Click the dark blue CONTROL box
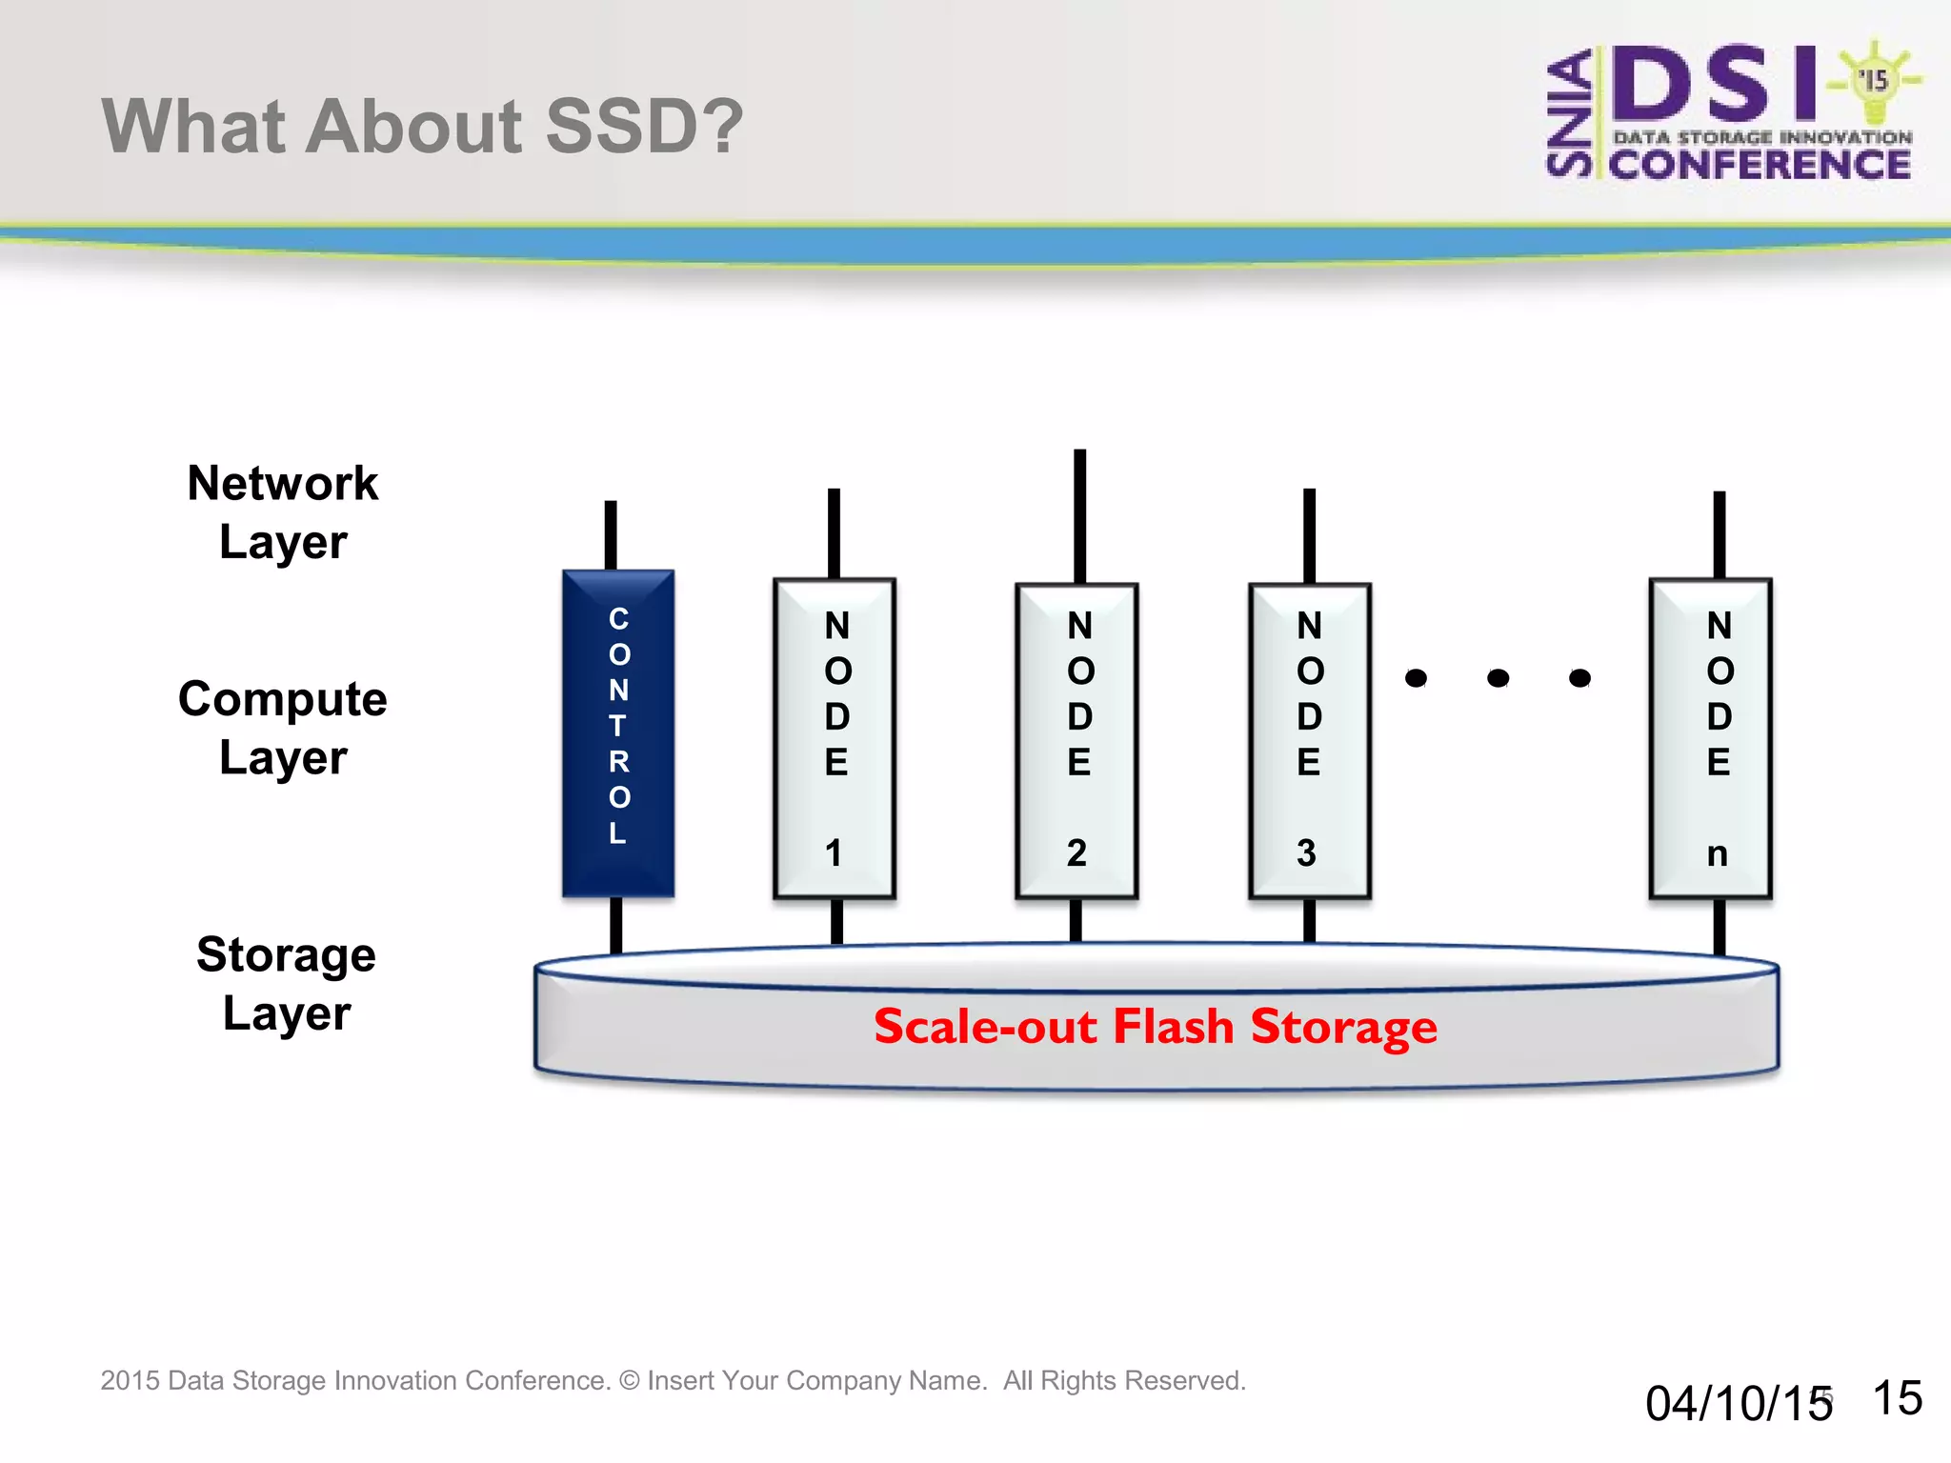click(618, 733)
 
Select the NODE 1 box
click(835, 738)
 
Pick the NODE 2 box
click(1077, 740)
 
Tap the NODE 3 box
click(1310, 740)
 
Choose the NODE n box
click(1711, 738)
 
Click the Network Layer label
click(283, 512)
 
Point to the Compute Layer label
click(283, 728)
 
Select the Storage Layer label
click(286, 983)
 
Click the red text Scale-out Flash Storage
click(1155, 1027)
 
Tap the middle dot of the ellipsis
click(1498, 678)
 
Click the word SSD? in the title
click(644, 126)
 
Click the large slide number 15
click(1897, 1398)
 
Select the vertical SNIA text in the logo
click(1569, 114)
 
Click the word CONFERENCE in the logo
click(1760, 165)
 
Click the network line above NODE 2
click(1079, 514)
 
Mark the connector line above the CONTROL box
click(611, 534)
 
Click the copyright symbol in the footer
click(629, 1380)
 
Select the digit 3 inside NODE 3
click(1306, 852)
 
